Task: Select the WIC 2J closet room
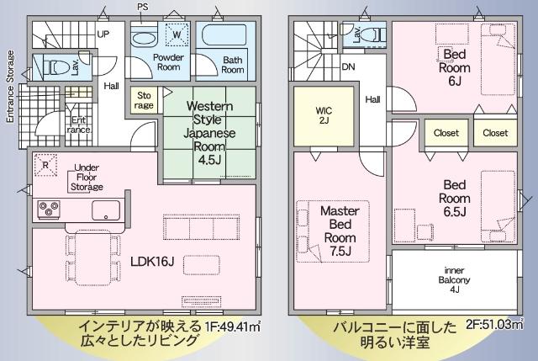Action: [324, 116]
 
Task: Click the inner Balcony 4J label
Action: [455, 279]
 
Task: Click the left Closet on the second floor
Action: [446, 133]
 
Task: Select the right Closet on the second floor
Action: [496, 133]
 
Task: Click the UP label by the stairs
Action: [103, 35]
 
